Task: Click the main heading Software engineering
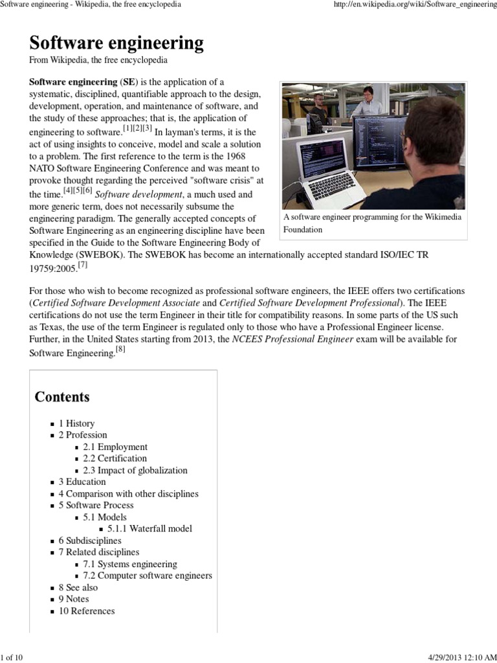116,43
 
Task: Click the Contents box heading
62,396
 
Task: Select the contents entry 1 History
76,423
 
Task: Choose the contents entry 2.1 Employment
115,447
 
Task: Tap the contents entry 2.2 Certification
115,458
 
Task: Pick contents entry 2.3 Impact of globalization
135,470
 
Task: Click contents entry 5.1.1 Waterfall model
149,528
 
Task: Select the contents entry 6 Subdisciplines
90,540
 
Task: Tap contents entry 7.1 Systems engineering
129,564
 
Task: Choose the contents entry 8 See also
78,587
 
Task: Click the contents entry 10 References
87,611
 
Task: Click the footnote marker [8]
120,350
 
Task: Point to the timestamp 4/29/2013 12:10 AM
462,658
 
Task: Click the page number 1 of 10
12,658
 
